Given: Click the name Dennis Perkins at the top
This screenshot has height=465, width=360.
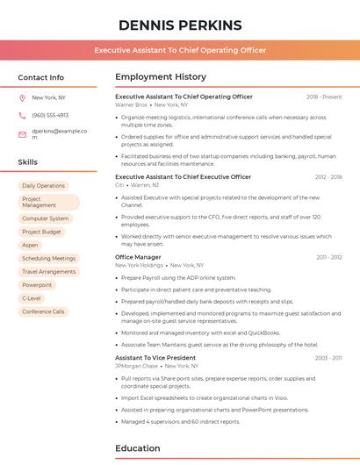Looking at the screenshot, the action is click(x=179, y=25).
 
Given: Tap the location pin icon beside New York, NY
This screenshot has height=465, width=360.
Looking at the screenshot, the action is click(x=22, y=98).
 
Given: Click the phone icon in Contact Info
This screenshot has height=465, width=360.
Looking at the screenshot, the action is click(x=22, y=115).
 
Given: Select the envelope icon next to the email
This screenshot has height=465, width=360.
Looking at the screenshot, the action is click(x=22, y=134).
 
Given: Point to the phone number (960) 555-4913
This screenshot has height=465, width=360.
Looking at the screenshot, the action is click(x=50, y=115).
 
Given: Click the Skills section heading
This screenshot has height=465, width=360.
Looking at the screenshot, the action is click(x=28, y=162).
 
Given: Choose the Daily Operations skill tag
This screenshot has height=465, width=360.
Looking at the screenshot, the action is click(x=44, y=186).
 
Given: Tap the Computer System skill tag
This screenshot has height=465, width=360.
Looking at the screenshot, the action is click(x=46, y=218).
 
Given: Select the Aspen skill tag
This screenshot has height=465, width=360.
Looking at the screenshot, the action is click(x=31, y=245).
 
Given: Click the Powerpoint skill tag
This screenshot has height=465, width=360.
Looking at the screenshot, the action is click(x=37, y=285).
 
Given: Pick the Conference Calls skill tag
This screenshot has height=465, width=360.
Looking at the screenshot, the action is click(x=43, y=311).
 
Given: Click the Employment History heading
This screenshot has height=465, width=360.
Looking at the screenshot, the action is click(x=161, y=77).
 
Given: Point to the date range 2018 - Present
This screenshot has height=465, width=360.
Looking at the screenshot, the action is click(x=324, y=97).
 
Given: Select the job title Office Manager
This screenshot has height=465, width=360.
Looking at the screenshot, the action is click(x=138, y=257).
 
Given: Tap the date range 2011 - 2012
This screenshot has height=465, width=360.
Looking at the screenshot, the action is click(x=329, y=257).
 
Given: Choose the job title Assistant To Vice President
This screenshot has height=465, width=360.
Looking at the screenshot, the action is click(x=155, y=358).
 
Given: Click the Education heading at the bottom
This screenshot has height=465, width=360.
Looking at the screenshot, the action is click(x=139, y=448).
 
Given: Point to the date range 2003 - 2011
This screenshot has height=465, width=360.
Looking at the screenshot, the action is click(x=329, y=358).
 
